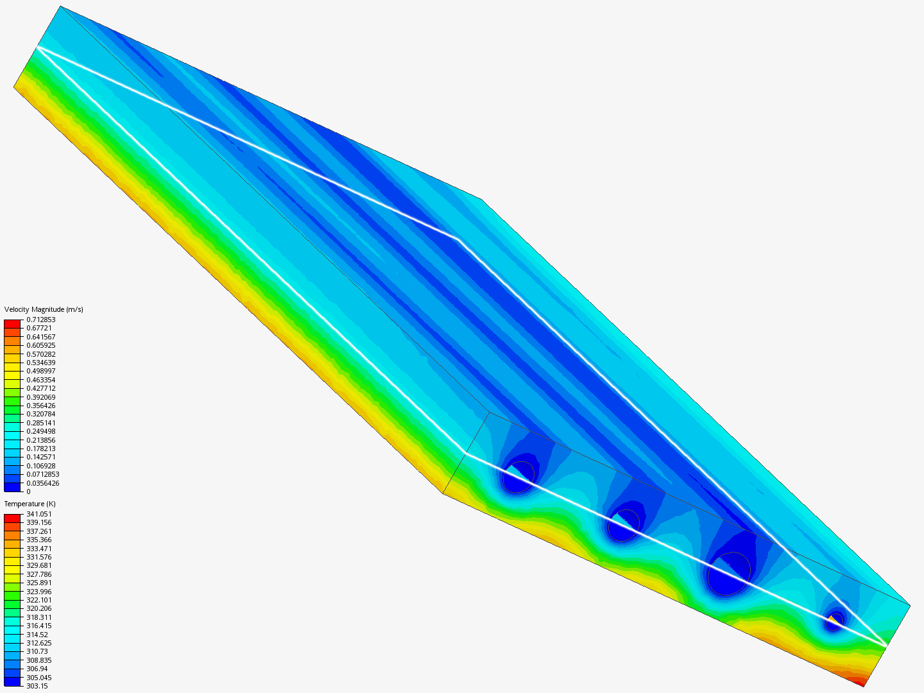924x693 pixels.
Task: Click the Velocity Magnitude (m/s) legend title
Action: pyautogui.click(x=44, y=309)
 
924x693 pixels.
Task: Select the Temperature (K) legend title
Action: pyautogui.click(x=30, y=504)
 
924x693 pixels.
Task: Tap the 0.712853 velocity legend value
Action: pyautogui.click(x=41, y=320)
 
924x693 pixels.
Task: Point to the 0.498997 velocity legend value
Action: pyautogui.click(x=41, y=371)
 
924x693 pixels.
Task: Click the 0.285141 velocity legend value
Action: pyautogui.click(x=41, y=423)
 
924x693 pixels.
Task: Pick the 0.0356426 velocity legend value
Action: pyautogui.click(x=43, y=483)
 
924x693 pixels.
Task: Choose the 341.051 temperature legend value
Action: pyautogui.click(x=39, y=514)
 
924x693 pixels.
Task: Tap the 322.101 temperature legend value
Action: pyautogui.click(x=39, y=600)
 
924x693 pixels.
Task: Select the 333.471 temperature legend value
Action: pyautogui.click(x=39, y=549)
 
